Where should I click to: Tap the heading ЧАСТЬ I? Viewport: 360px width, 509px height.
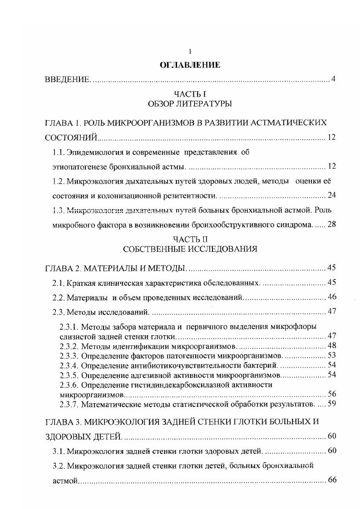pos(190,94)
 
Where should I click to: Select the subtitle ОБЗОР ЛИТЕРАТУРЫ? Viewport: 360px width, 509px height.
pos(190,104)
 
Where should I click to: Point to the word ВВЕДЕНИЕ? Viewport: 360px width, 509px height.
pos(68,80)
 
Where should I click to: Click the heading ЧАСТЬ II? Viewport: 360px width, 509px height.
pos(190,239)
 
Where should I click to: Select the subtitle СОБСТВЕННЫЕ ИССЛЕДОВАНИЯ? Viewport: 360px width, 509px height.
pos(190,249)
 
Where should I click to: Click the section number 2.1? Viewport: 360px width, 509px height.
pos(58,283)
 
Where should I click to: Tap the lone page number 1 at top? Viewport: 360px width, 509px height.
pos(190,52)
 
